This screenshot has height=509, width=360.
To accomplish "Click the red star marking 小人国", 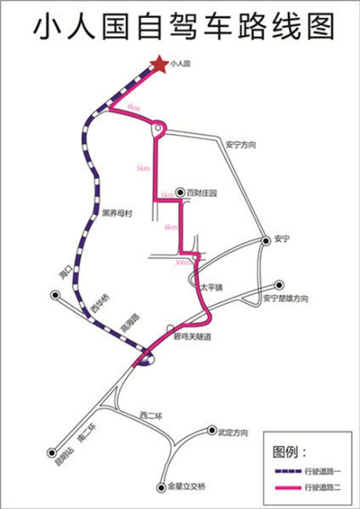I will click(x=159, y=63).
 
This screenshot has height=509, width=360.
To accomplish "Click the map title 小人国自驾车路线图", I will click(x=180, y=27).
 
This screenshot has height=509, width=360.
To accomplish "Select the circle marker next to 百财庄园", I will click(x=180, y=192).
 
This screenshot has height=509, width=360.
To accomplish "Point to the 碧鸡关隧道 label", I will click(x=192, y=337).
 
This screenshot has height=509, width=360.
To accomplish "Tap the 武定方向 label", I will click(x=232, y=431).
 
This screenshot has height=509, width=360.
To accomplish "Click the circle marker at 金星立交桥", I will click(x=160, y=486).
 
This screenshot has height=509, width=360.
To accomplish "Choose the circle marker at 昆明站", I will click(x=52, y=452).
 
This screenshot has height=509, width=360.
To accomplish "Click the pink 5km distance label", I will click(x=142, y=168).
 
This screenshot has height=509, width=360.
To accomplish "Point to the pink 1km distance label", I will click(x=167, y=195).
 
